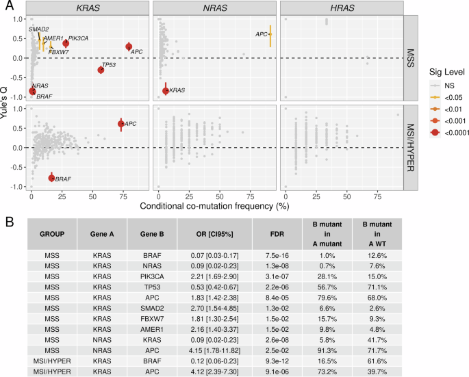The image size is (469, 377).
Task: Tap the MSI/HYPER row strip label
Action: coord(410,146)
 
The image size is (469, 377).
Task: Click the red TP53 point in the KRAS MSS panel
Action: coord(101,69)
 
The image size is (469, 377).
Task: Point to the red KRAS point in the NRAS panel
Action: coord(165,90)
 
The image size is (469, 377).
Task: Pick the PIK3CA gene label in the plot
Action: coord(78,38)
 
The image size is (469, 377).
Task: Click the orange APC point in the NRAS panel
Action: coord(270,34)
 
